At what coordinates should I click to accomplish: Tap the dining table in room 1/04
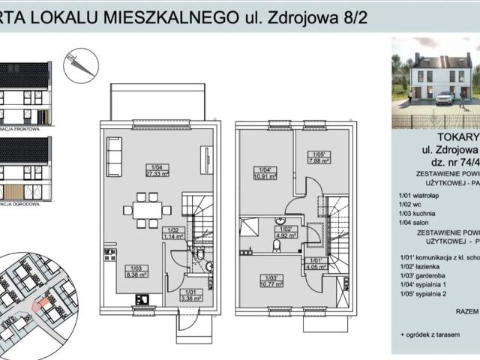coord(143,208)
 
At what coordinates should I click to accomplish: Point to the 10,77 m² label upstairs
coord(269,284)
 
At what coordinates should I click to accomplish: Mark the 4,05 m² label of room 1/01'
coord(312,264)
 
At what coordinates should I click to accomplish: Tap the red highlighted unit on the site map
coord(44,306)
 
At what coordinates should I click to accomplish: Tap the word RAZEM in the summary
coord(459,308)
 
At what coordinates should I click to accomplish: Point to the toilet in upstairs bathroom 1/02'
coord(276,245)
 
